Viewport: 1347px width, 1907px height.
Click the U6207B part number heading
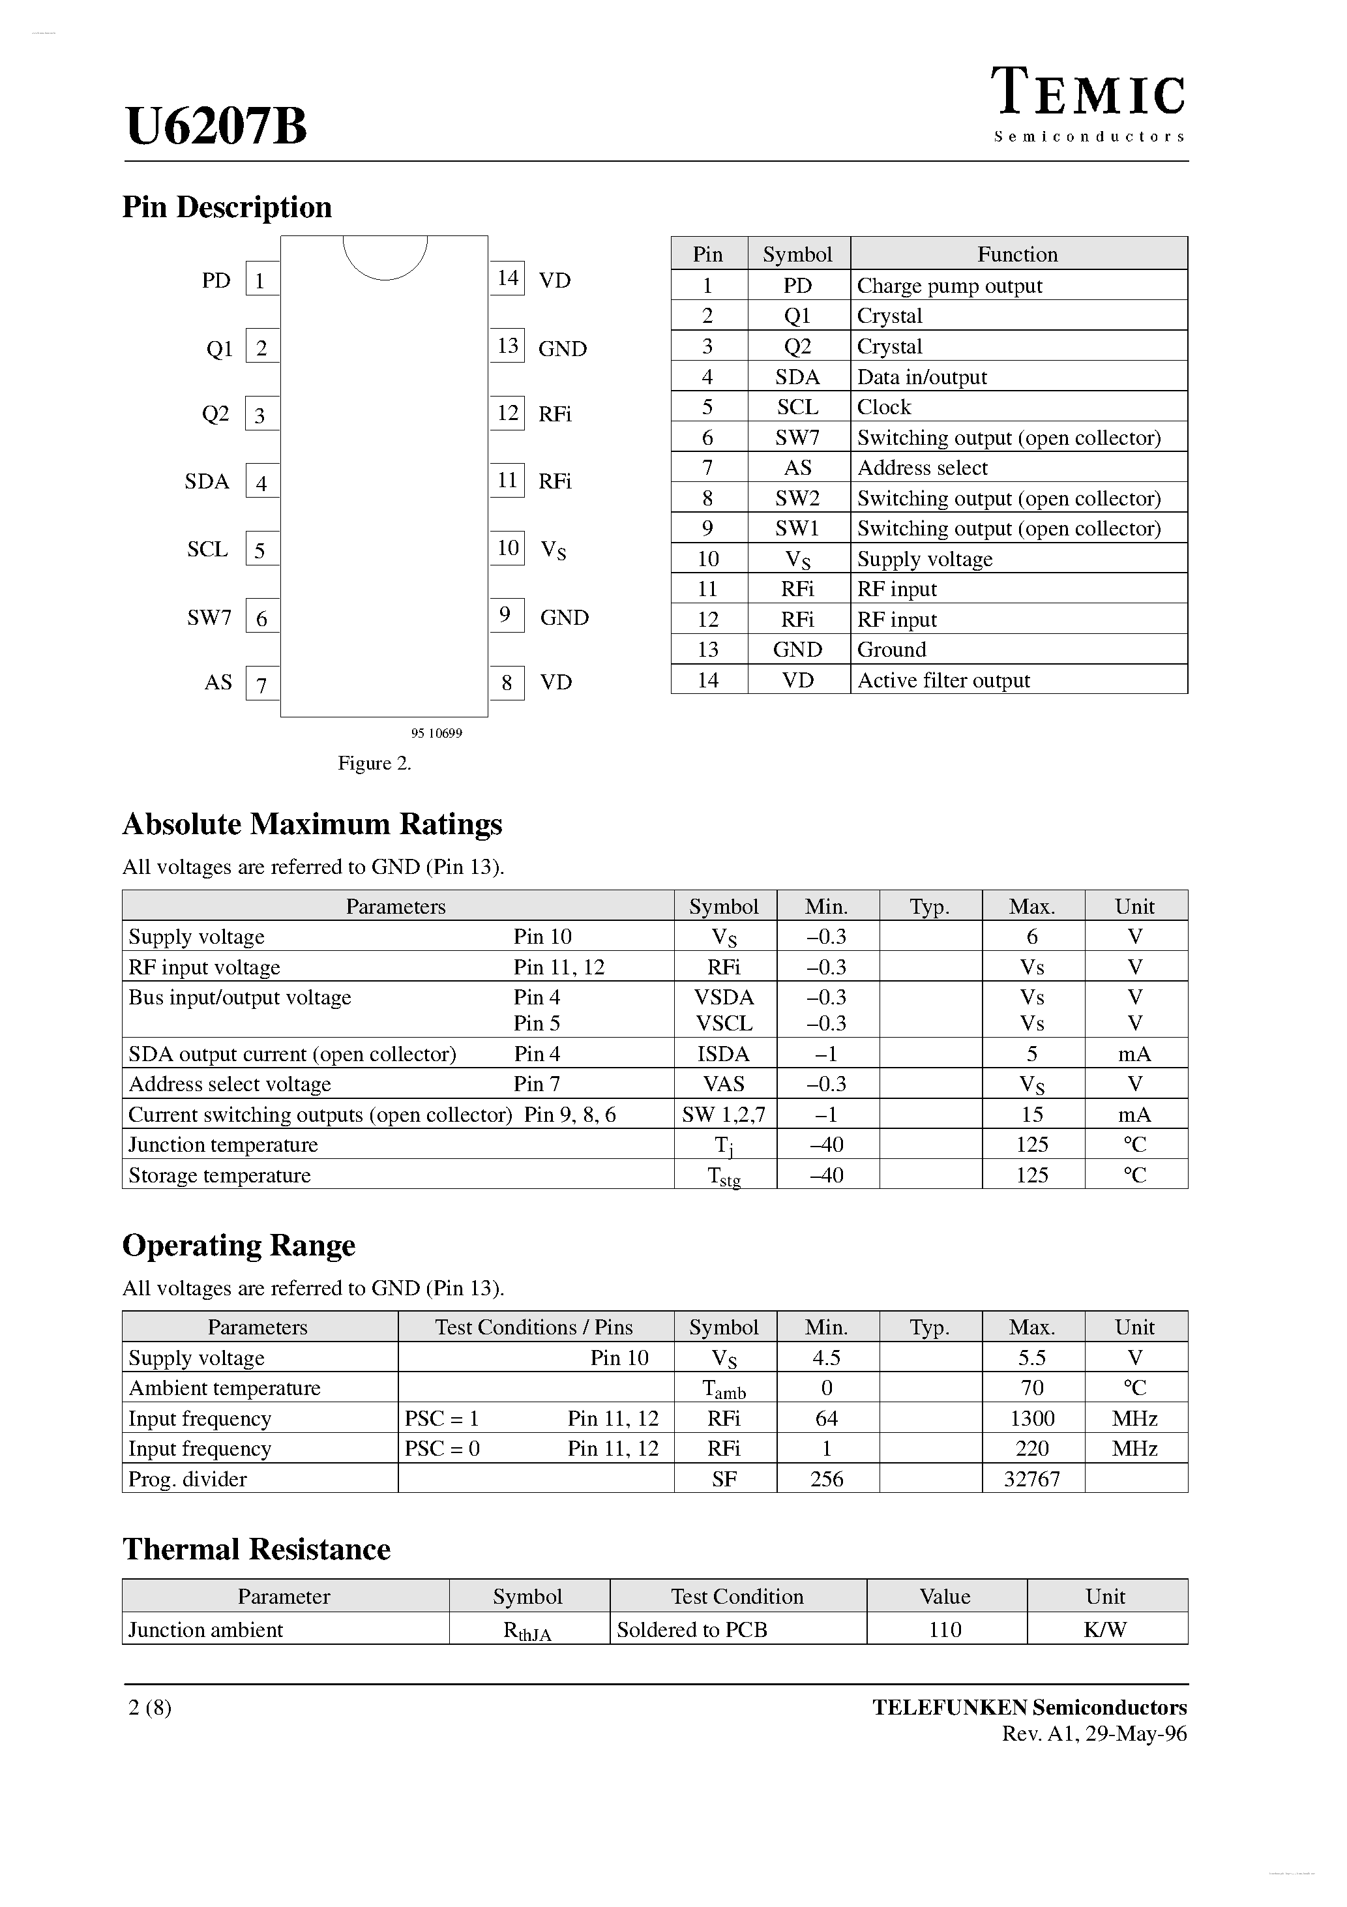216,127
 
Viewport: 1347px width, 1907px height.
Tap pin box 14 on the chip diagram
507,278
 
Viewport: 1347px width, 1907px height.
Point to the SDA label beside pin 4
207,482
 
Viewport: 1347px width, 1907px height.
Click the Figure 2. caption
374,763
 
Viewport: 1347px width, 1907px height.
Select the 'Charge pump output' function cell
949,286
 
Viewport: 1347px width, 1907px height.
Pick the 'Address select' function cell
922,468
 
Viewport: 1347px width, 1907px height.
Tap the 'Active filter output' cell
943,680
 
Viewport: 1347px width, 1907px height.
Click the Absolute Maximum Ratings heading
312,824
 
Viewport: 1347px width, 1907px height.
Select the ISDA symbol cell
723,1054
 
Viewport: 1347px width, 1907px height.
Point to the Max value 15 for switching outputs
1031,1115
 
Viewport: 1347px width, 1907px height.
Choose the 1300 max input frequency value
1031,1419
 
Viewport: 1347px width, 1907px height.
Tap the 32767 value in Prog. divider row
1031,1479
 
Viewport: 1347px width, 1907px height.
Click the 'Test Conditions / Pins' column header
533,1327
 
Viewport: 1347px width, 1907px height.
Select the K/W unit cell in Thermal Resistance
1104,1630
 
